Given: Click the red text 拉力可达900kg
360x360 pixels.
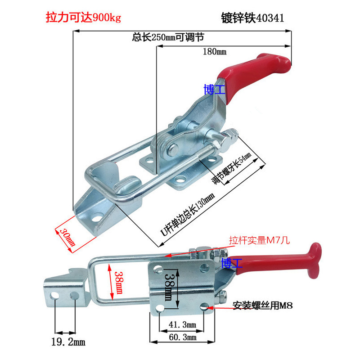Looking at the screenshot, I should tap(84, 18).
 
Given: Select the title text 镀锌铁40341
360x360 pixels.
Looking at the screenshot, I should tap(252, 18).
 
